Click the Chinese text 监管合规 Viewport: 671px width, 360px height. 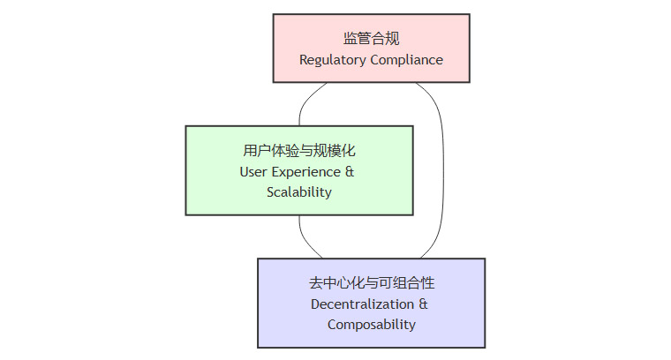pos(371,39)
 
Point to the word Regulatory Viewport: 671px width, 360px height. pos(331,61)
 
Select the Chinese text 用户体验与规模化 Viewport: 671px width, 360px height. pos(299,150)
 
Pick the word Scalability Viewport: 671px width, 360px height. pos(299,192)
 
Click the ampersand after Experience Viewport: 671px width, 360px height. pos(350,171)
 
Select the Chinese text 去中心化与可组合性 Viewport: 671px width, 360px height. pos(372,283)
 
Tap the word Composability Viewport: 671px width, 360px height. pos(372,325)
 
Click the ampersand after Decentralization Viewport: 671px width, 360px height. pos(423,304)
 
